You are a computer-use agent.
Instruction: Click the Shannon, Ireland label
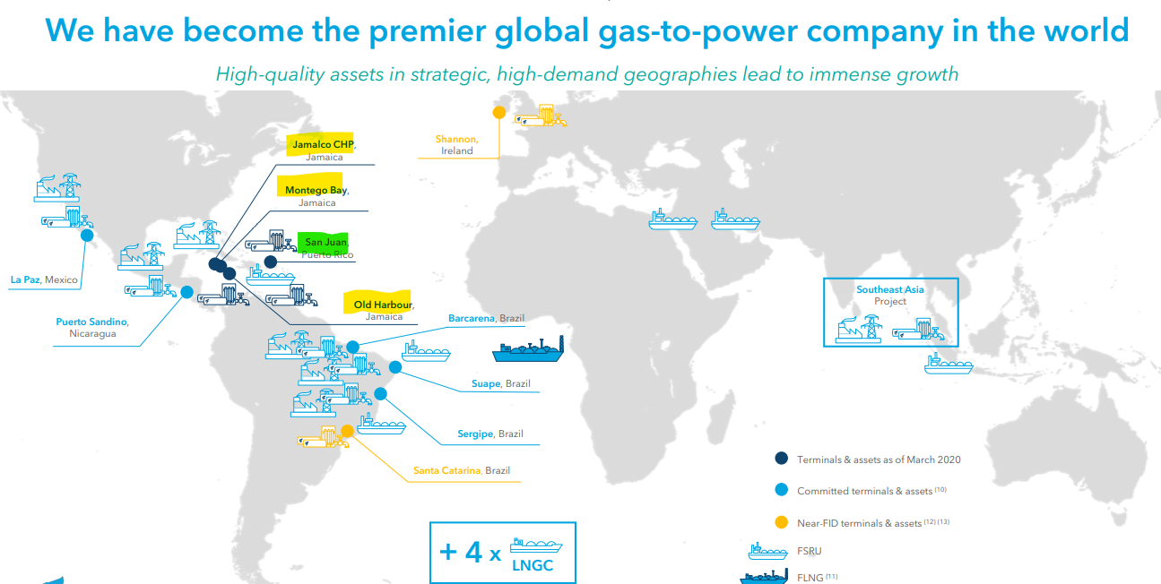pyautogui.click(x=456, y=145)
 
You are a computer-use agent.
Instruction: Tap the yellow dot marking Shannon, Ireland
pyautogui.click(x=499, y=112)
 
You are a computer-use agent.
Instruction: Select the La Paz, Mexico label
pyautogui.click(x=44, y=279)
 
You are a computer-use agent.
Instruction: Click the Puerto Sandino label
pyautogui.click(x=91, y=322)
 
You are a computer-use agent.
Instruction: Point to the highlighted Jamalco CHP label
pyautogui.click(x=323, y=144)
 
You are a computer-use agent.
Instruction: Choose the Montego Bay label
pyautogui.click(x=316, y=190)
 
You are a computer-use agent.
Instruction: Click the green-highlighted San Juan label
pyautogui.click(x=326, y=242)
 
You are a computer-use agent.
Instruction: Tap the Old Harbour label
pyautogui.click(x=383, y=305)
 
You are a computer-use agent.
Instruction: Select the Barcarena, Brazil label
pyautogui.click(x=486, y=318)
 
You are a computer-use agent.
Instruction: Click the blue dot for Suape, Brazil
pyautogui.click(x=395, y=367)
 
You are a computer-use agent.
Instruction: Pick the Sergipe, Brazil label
pyautogui.click(x=490, y=434)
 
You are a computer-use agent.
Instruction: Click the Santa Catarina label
pyautogui.click(x=446, y=470)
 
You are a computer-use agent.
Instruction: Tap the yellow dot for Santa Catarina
pyautogui.click(x=347, y=431)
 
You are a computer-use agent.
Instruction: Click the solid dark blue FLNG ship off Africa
pyautogui.click(x=528, y=349)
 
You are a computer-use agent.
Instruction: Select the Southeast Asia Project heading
pyautogui.click(x=890, y=295)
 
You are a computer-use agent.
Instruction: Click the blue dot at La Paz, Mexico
pyautogui.click(x=87, y=236)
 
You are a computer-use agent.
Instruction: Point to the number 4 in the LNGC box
pyautogui.click(x=473, y=552)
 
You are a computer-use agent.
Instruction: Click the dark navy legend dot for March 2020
pyautogui.click(x=782, y=459)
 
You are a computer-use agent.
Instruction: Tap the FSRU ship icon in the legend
pyautogui.click(x=767, y=552)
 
